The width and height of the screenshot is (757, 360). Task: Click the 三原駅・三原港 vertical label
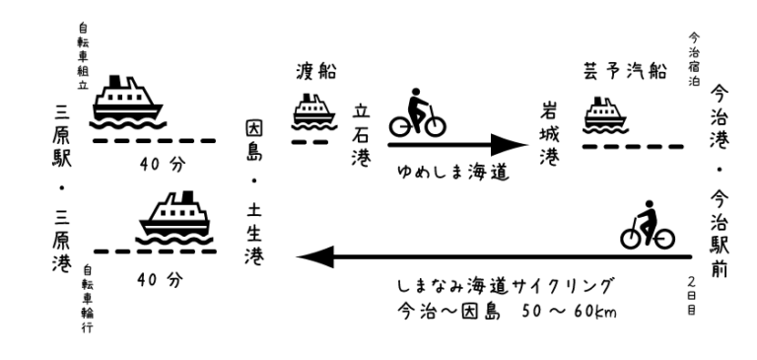click(x=62, y=190)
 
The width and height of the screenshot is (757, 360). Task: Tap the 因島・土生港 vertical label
click(x=254, y=192)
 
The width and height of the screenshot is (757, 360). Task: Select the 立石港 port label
click(x=361, y=135)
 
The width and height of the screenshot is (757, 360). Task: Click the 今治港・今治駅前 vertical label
click(x=720, y=181)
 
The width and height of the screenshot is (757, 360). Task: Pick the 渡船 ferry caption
click(x=316, y=72)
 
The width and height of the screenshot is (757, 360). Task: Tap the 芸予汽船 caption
click(x=625, y=71)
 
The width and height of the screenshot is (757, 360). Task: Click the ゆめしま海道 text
click(x=453, y=172)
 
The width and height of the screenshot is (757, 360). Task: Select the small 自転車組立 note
click(x=84, y=56)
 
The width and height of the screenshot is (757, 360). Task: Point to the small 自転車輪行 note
click(x=88, y=299)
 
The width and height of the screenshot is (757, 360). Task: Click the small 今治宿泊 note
click(x=694, y=59)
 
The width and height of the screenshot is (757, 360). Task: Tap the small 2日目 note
click(x=692, y=296)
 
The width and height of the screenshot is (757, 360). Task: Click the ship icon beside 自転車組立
click(x=128, y=103)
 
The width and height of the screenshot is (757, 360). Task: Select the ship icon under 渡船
click(x=313, y=112)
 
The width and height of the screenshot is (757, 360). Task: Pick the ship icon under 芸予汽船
click(x=606, y=115)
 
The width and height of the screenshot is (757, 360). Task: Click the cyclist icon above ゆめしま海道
click(x=418, y=112)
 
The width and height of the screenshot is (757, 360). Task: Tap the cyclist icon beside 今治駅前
click(x=648, y=225)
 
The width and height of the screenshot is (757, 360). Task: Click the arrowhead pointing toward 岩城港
click(x=510, y=144)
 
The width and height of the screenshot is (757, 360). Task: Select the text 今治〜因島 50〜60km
click(x=507, y=310)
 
